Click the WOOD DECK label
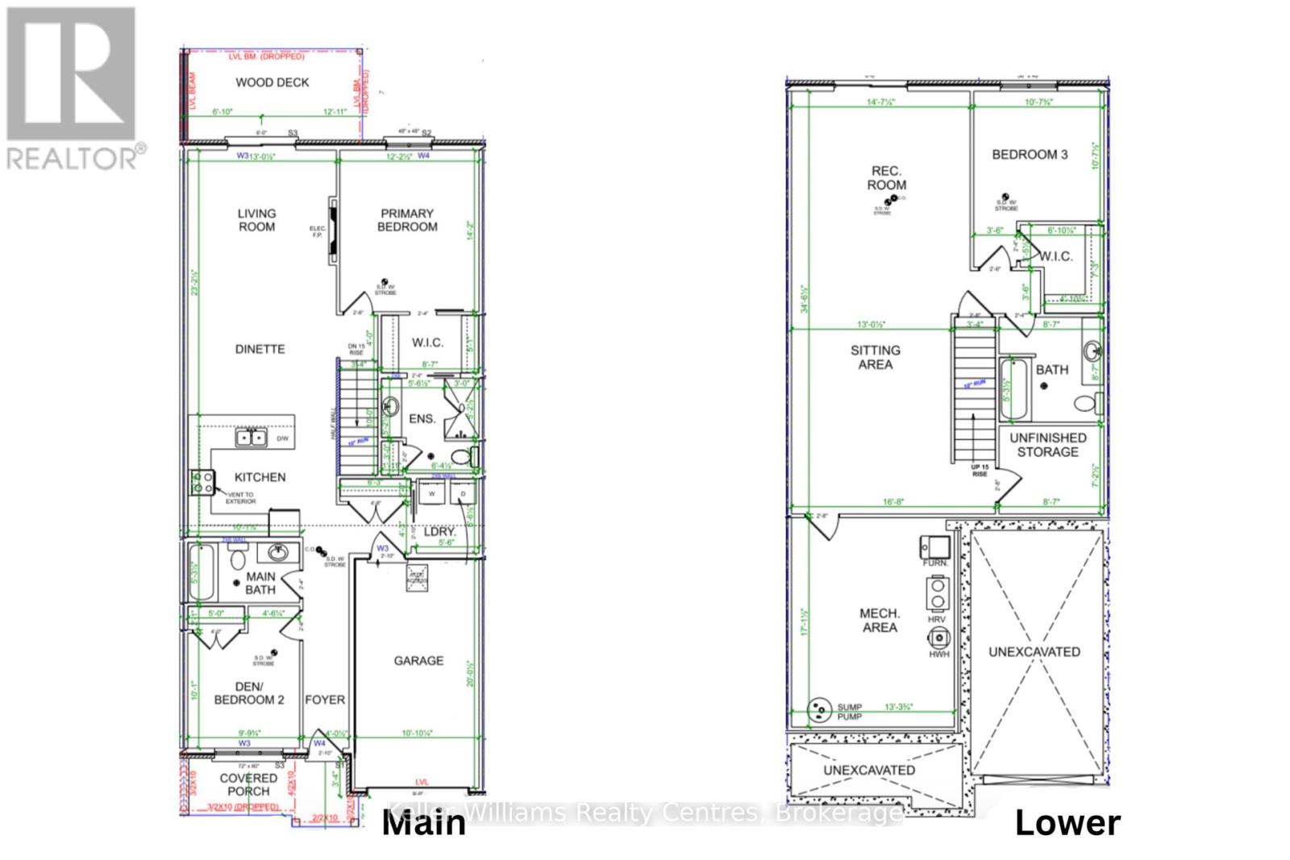click(x=272, y=82)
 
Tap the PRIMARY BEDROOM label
click(x=407, y=220)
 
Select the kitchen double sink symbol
click(x=252, y=438)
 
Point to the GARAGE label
click(x=418, y=661)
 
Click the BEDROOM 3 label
click(x=1030, y=154)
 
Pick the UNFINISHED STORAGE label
click(x=1047, y=445)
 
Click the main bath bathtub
click(x=201, y=572)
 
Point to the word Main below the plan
click(x=423, y=823)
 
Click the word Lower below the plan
click(x=1067, y=823)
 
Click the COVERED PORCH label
click(x=248, y=784)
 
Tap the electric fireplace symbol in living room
click(x=333, y=231)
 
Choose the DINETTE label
click(x=260, y=349)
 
